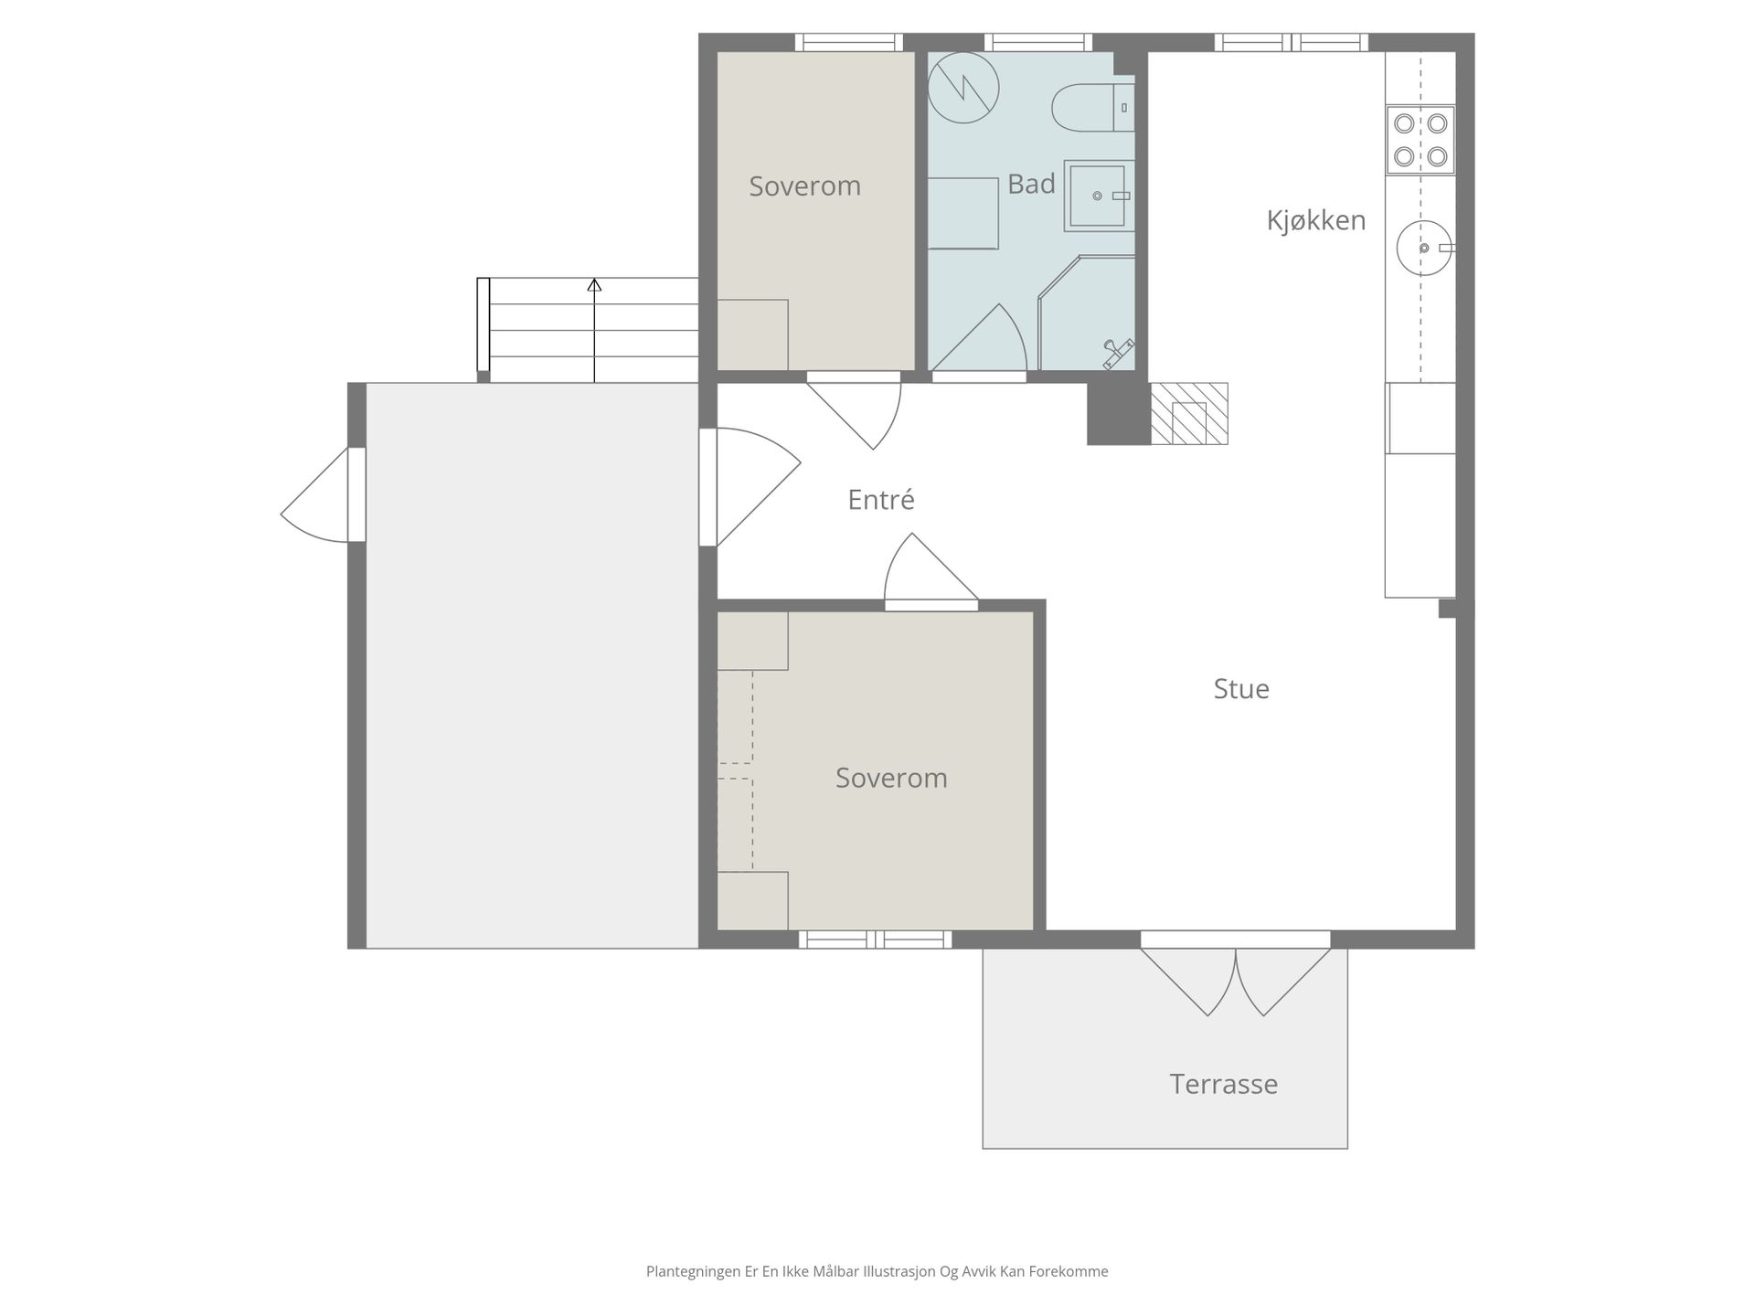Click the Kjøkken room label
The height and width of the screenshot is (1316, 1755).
click(x=1315, y=221)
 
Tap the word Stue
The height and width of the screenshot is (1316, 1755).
click(x=1241, y=689)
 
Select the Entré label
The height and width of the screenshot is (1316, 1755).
click(x=881, y=500)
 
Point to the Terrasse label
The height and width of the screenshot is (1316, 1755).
click(x=1223, y=1084)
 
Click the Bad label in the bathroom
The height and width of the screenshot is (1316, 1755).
click(x=1031, y=185)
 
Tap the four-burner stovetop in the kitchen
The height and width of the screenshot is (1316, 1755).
click(x=1420, y=140)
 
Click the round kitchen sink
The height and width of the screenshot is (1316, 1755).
click(x=1424, y=248)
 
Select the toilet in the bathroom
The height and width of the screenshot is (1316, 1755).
click(x=1092, y=108)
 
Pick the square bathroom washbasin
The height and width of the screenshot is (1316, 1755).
click(x=1099, y=196)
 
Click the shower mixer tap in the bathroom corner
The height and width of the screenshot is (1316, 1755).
click(x=1118, y=353)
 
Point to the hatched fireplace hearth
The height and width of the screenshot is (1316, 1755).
click(x=1188, y=413)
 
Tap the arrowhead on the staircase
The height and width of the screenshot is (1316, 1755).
click(x=594, y=284)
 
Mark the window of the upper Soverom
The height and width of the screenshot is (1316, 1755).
click(x=848, y=42)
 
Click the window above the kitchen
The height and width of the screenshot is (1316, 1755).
click(x=1291, y=42)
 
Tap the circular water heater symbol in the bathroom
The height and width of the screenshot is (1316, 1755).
click(x=963, y=88)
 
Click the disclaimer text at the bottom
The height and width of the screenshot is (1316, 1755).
click(x=877, y=1271)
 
